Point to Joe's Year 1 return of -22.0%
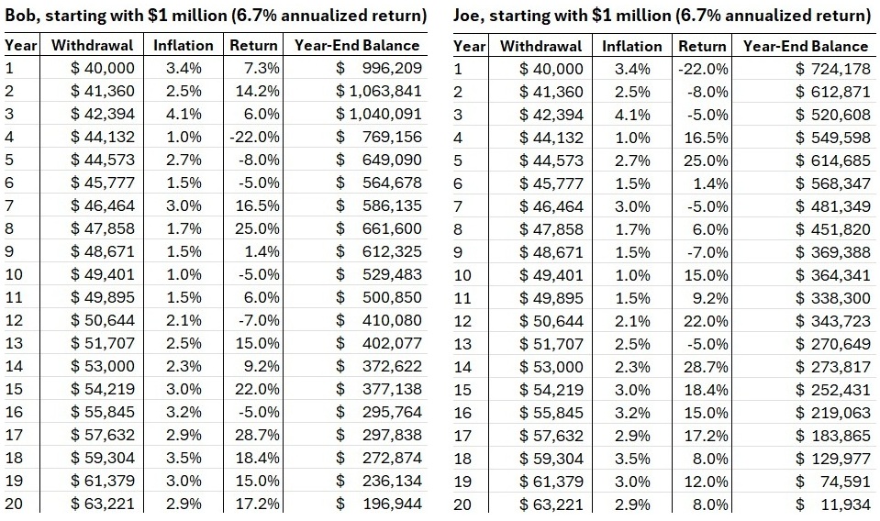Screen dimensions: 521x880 703,69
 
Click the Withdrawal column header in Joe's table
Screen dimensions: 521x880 540,46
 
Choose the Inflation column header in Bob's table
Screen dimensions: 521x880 184,46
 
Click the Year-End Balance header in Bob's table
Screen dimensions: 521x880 357,46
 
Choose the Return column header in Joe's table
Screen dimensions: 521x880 702,46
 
